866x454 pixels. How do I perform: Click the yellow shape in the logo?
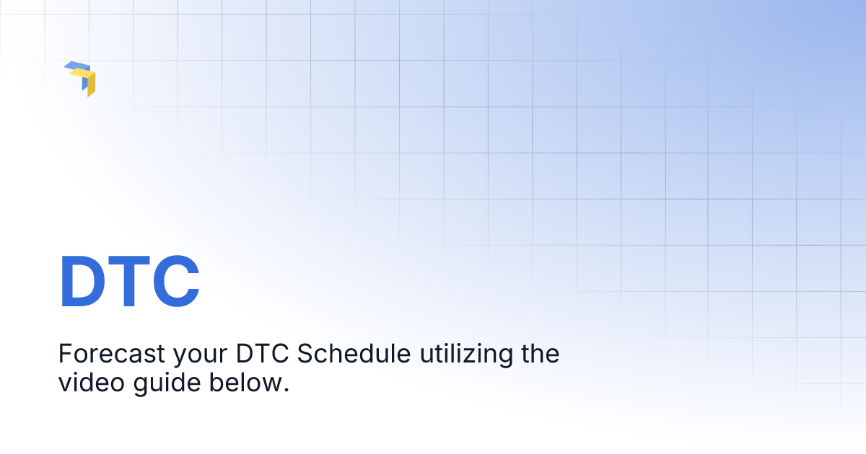point(89,81)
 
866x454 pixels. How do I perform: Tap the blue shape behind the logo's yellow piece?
point(75,66)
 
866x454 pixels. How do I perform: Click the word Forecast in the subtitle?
point(111,355)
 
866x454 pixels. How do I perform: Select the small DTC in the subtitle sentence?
point(263,355)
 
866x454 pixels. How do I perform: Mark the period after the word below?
point(286,390)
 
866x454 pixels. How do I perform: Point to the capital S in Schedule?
point(305,355)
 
